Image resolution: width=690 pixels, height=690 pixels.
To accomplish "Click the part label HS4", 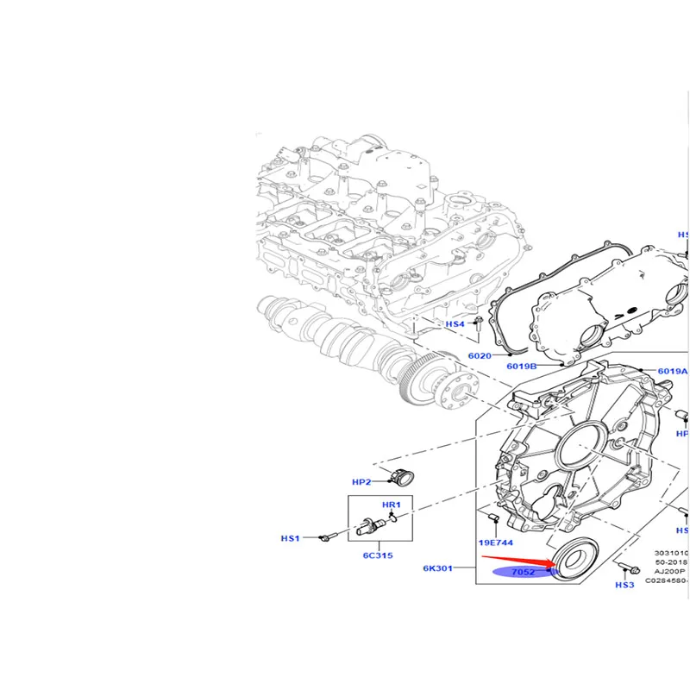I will coord(455,324).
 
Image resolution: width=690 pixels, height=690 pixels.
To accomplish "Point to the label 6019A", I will coord(672,372).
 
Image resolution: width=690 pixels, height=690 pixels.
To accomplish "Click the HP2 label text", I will coord(361,482).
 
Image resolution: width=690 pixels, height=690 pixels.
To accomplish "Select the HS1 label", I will coord(290,539).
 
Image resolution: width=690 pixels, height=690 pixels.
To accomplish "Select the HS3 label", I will coord(624,585).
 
